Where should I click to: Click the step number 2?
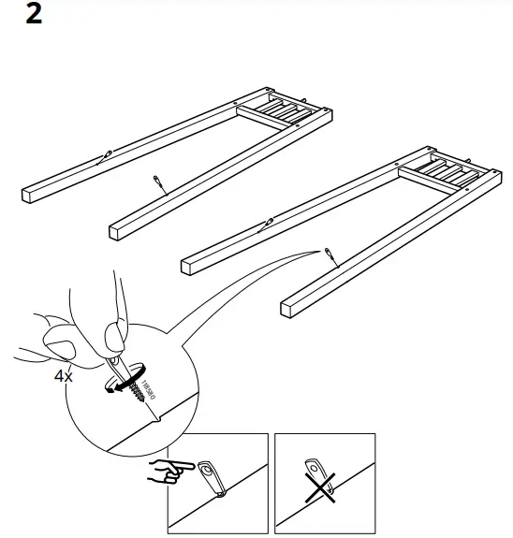click(34, 16)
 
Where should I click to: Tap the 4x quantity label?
click(63, 377)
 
